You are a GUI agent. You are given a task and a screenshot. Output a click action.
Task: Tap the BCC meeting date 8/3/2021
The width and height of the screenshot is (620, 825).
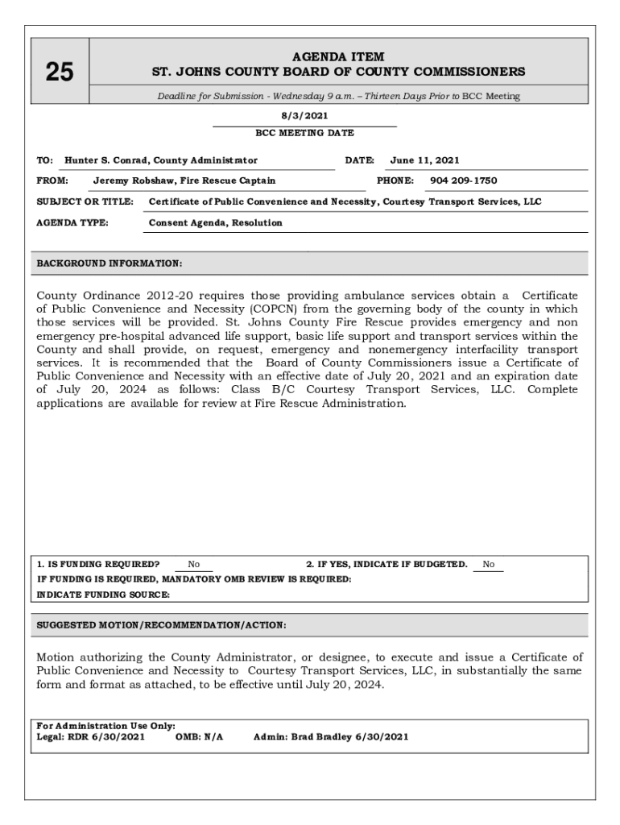pyautogui.click(x=304, y=115)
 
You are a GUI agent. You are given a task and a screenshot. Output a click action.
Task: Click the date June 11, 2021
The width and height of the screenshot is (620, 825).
pyautogui.click(x=424, y=160)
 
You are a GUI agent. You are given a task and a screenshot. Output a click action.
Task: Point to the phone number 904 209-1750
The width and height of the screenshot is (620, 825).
pyautogui.click(x=463, y=180)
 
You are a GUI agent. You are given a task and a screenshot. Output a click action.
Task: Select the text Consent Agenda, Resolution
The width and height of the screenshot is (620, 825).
pyautogui.click(x=216, y=222)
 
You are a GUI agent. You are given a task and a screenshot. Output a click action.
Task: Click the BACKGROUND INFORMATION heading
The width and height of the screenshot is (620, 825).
pyautogui.click(x=110, y=263)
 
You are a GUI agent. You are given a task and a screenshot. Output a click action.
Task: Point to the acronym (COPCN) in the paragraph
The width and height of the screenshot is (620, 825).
pyautogui.click(x=278, y=309)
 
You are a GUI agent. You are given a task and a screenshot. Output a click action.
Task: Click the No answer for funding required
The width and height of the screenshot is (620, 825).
pyautogui.click(x=194, y=565)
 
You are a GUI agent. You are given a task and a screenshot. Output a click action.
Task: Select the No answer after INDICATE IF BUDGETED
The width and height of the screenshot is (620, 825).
pyautogui.click(x=488, y=565)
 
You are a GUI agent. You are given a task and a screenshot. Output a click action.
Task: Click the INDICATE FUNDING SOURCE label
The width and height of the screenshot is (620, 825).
pyautogui.click(x=104, y=595)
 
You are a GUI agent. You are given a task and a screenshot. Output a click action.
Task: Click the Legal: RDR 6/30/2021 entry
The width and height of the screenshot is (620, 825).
pyautogui.click(x=91, y=736)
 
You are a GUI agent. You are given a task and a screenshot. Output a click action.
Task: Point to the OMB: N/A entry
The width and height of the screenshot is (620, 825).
pyautogui.click(x=199, y=736)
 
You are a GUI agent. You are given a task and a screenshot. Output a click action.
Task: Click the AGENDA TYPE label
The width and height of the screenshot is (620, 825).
pyautogui.click(x=73, y=222)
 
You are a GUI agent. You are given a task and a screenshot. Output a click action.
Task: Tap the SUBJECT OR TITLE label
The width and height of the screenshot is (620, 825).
pyautogui.click(x=85, y=201)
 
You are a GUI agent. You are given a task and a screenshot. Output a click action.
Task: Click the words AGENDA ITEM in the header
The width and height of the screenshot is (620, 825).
pyautogui.click(x=338, y=57)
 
